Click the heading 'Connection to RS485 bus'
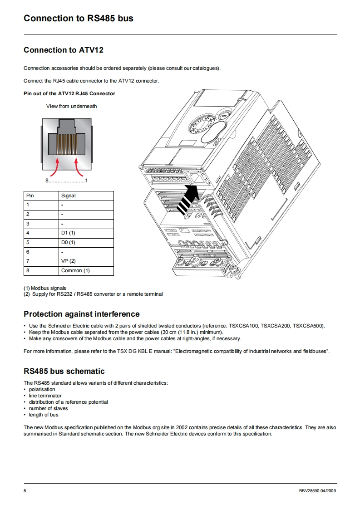pos(78,19)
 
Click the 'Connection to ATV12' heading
pos(63,50)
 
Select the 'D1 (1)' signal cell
pos(68,233)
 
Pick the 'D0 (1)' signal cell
pos(68,242)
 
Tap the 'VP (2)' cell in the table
pos(68,261)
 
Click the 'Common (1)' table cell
pos(75,271)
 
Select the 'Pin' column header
pos(30,196)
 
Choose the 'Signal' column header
pos(68,196)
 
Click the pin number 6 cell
pos(28,252)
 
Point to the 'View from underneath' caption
pos(71,106)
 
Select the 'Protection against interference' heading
pos(82,314)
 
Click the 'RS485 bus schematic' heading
pos(64,371)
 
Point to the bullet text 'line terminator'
pos(45,396)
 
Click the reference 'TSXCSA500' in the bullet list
pos(309,326)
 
